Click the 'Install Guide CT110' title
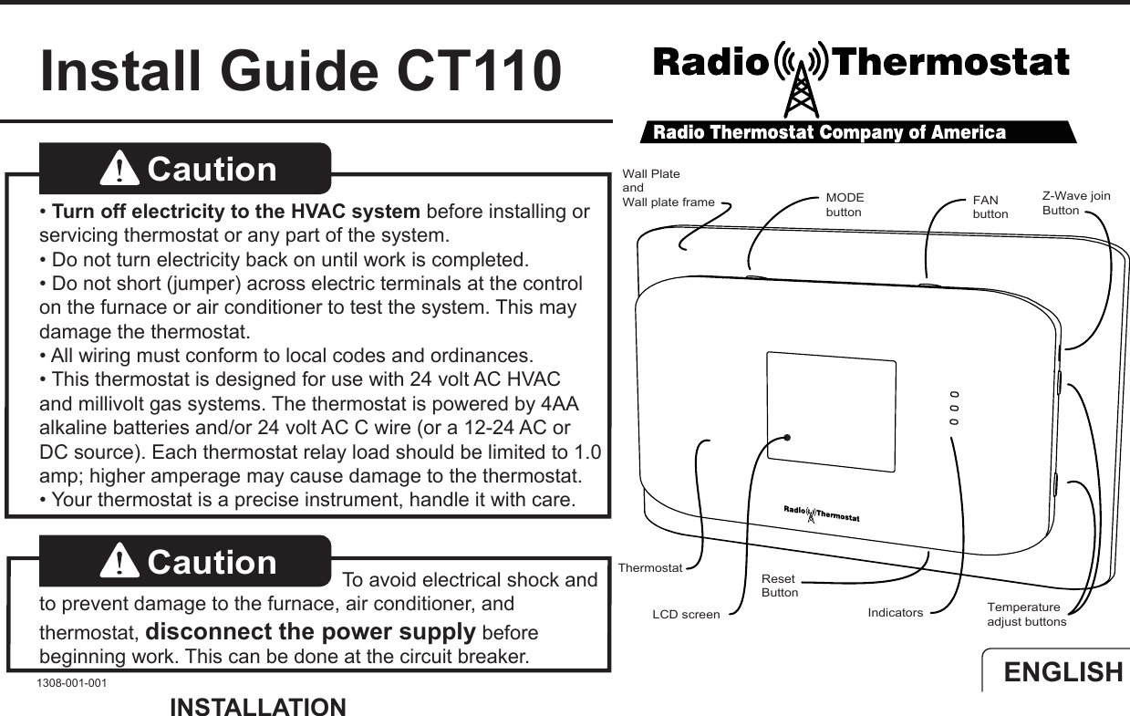click(300, 71)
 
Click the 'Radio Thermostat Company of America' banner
click(829, 133)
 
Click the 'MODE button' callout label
click(845, 205)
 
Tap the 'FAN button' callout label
click(990, 207)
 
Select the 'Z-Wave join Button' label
click(1075, 203)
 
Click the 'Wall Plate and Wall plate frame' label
click(668, 188)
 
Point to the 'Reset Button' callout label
click(780, 586)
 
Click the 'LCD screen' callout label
click(686, 615)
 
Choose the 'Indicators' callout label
click(895, 613)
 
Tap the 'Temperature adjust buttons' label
click(1026, 615)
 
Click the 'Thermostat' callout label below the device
click(649, 568)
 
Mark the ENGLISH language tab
click(1063, 672)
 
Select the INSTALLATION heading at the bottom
click(258, 707)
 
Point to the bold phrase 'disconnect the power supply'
click(310, 631)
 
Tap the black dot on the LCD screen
click(786, 438)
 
